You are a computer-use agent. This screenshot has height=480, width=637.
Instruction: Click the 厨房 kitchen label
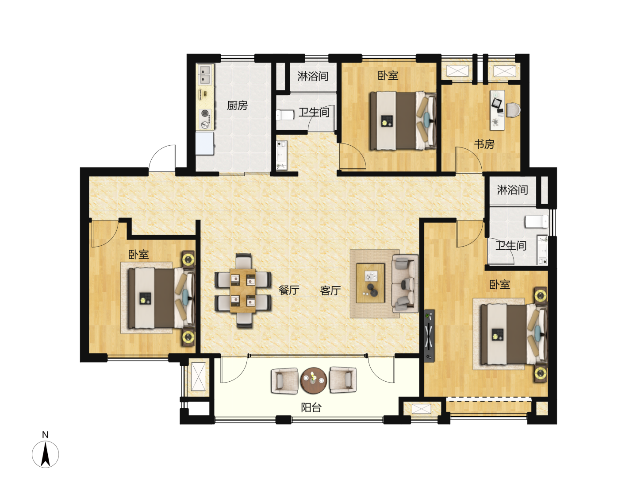237,105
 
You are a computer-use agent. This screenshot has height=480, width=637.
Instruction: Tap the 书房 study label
484,144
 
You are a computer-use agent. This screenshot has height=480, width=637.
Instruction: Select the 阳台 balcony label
311,408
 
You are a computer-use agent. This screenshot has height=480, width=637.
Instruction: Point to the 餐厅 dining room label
289,290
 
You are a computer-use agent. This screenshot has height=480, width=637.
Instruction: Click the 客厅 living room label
330,290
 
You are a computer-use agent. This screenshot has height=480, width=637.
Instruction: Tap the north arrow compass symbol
45,454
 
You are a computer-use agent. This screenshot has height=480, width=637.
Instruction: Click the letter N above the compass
45,435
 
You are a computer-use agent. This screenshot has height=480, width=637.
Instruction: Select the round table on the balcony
314,380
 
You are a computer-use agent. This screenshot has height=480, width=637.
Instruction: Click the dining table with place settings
242,290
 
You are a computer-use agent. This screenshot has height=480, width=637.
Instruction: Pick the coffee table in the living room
370,283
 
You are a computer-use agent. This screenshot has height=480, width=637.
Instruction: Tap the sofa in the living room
405,284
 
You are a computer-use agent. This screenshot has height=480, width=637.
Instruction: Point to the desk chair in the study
513,110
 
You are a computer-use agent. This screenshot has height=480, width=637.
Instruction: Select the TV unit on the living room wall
429,336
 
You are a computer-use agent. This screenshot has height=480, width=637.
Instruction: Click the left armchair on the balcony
284,381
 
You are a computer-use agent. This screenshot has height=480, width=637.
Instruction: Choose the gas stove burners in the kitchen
205,119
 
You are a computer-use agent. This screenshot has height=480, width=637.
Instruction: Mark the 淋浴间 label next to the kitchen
313,76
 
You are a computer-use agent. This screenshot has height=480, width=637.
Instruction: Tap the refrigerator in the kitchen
205,143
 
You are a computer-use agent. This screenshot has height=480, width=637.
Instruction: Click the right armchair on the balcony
343,380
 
